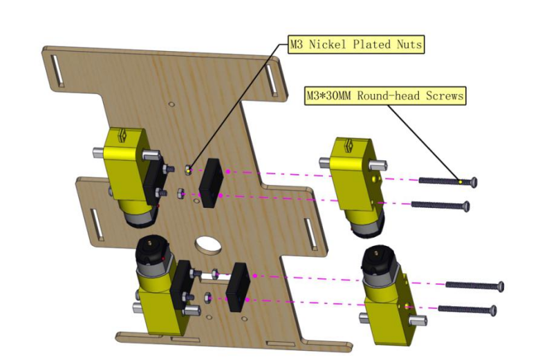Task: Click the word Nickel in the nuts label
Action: (327, 44)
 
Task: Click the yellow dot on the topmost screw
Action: (461, 182)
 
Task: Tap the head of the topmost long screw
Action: (474, 182)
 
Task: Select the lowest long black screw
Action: (467, 310)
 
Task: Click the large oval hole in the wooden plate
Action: (208, 245)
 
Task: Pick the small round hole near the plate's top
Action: (171, 104)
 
